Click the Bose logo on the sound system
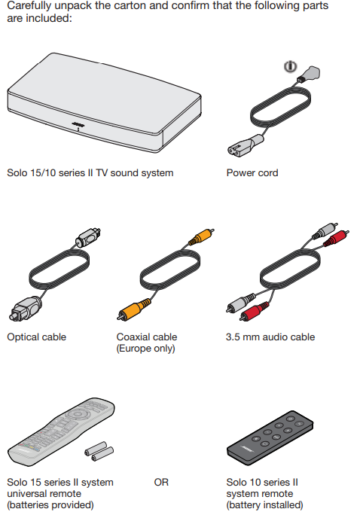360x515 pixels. [x=78, y=124]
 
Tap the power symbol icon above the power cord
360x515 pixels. [x=291, y=66]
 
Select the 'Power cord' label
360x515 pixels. [x=252, y=172]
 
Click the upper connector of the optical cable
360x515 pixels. [x=88, y=237]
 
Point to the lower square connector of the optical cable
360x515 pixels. [x=25, y=309]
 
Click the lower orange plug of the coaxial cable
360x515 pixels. [x=133, y=309]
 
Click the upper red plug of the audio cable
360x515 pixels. [x=336, y=238]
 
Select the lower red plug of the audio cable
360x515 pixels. [x=254, y=311]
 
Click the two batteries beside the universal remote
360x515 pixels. [x=99, y=451]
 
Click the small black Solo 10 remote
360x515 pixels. [x=270, y=437]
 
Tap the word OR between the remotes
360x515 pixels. [x=161, y=482]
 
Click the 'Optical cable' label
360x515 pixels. [x=36, y=337]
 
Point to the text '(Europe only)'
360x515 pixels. [x=145, y=349]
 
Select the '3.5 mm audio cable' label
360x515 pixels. [x=270, y=337]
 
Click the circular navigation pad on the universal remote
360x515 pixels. [x=78, y=414]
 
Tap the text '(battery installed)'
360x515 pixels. [x=265, y=504]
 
